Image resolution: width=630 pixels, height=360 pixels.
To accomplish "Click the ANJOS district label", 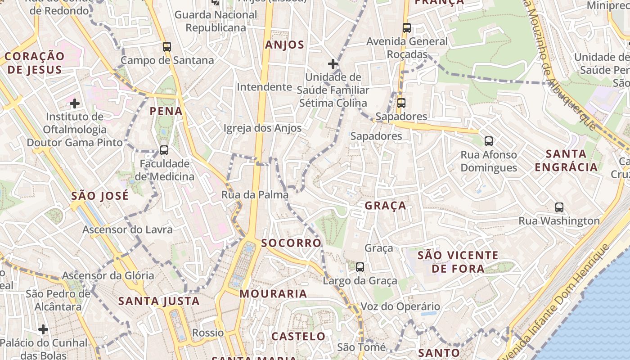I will coord(284,45).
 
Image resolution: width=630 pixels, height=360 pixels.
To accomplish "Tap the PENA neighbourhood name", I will coord(166,111).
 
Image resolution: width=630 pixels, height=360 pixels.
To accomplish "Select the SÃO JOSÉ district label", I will coord(100,196).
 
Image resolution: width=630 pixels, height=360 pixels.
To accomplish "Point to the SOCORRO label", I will coord(291,243).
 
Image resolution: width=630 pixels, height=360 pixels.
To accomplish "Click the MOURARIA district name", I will coord(273,294).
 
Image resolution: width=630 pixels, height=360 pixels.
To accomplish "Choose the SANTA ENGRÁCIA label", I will coord(566,161).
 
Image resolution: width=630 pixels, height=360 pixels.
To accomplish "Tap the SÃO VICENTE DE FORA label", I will coord(458,262).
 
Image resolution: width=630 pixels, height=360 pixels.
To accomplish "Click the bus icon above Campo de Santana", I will coord(167,47).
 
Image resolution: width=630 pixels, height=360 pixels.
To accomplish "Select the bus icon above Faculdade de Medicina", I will coord(164,150).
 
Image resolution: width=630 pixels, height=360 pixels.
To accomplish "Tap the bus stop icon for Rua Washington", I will coord(559,207).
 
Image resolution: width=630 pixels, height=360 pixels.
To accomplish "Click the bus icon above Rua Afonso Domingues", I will coord(489,141).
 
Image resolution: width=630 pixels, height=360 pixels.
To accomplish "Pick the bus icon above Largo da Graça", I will coord(360,267).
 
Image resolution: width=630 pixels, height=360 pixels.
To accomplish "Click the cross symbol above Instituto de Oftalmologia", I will coord(75,104).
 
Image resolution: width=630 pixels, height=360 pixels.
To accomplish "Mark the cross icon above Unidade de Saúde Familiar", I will coord(333,64).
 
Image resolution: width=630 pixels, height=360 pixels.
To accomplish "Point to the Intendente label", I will coord(264,87).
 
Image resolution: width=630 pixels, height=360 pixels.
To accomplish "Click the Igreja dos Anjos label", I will coord(262,128).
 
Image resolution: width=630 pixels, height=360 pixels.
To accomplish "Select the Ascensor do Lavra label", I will coord(127,230).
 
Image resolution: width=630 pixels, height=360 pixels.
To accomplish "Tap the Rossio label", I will coord(208,333).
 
